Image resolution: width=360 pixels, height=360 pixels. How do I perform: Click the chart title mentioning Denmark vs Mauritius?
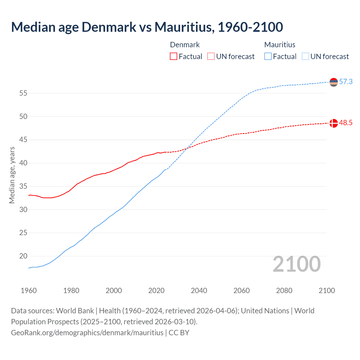coord(147,27)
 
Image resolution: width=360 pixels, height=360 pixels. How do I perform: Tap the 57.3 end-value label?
coord(346,82)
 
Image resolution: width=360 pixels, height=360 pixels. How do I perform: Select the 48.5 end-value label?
coord(346,123)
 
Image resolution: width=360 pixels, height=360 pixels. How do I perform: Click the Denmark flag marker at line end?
coord(334,123)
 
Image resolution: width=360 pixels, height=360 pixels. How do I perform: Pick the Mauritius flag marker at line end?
coord(334,82)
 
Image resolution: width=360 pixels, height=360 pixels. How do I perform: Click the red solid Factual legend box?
coord(174,56)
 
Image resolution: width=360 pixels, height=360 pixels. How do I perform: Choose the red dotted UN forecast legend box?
coord(211,56)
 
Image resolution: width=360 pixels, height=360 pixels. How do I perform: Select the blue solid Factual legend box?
coord(268,56)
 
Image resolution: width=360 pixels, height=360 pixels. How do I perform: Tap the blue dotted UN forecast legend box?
coord(305,56)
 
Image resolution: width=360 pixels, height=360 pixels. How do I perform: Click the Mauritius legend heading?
coord(280,45)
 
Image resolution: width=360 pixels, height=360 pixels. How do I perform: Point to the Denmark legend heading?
coord(185,45)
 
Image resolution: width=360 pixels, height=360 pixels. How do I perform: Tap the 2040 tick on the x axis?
coord(199,291)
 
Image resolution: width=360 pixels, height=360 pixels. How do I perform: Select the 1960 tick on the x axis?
coord(29,291)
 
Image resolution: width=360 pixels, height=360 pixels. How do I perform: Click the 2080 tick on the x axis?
coord(284,291)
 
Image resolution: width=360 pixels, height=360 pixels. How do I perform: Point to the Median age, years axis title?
coord(12,175)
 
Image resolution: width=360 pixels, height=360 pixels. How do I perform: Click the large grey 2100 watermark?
coord(296,264)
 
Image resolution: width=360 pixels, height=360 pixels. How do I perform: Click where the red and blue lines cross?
coord(187,148)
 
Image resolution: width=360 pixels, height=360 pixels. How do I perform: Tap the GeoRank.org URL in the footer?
coord(87,333)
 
